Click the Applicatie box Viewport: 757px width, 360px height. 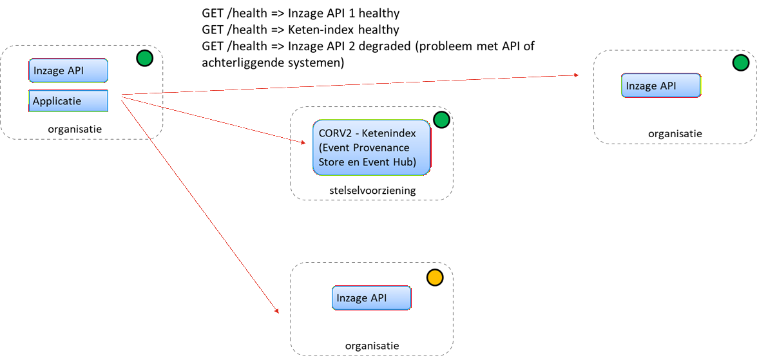68,101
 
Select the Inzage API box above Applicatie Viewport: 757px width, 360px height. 68,71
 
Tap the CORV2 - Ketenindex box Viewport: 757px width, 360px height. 372,147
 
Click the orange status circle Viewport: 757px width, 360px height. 435,278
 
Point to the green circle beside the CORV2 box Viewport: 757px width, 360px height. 441,120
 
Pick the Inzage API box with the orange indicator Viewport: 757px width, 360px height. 372,298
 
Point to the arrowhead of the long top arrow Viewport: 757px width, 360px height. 577,75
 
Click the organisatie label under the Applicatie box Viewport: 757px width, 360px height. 75,129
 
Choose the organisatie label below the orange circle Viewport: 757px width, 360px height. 372,346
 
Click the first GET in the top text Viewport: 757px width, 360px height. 213,13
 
